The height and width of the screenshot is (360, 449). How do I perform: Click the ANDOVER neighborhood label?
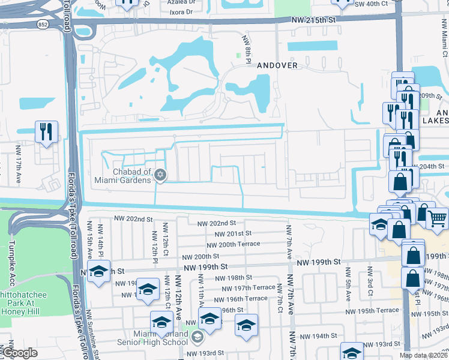[x=277, y=65]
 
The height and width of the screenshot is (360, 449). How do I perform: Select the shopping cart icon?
[x=438, y=217]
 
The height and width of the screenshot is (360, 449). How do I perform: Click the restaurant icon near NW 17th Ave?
[x=47, y=131]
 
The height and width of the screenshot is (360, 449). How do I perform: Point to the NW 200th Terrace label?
[x=234, y=244]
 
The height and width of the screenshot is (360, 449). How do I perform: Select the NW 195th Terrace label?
[x=378, y=310]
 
